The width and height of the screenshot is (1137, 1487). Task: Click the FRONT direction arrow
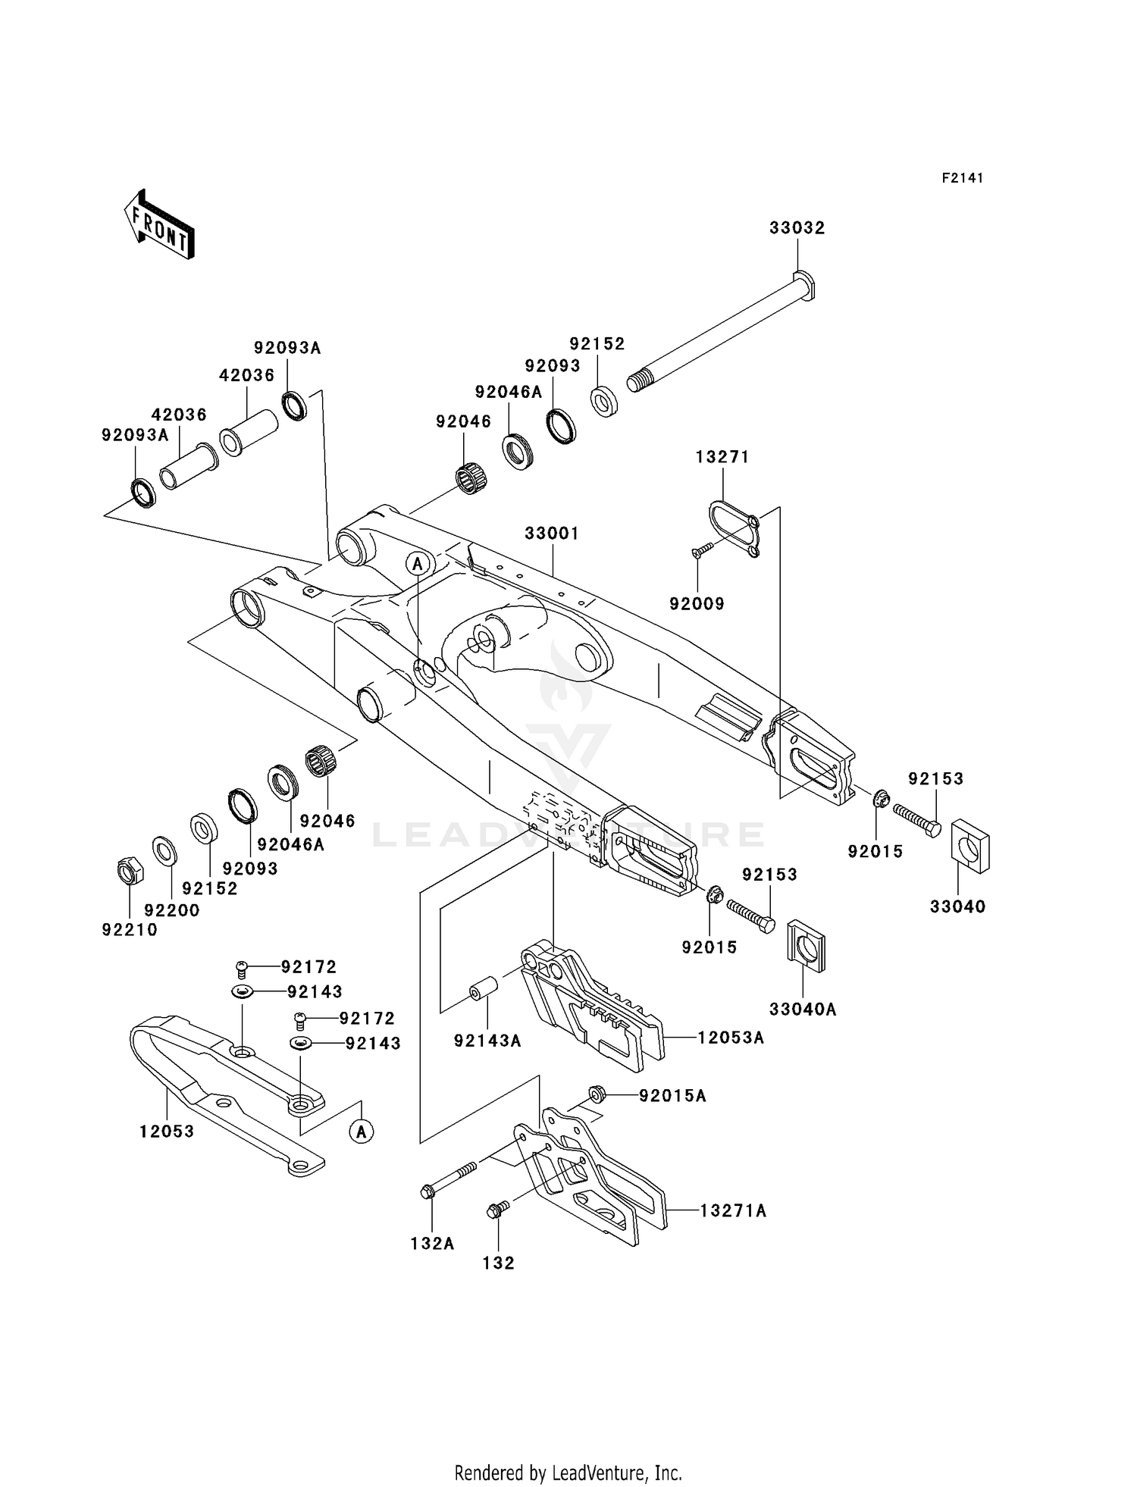point(159,225)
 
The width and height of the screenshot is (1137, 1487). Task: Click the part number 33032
point(797,228)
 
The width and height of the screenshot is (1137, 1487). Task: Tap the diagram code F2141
point(962,178)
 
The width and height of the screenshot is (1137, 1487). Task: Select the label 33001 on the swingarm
point(552,534)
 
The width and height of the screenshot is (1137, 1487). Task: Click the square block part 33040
point(970,846)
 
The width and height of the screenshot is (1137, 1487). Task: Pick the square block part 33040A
point(807,944)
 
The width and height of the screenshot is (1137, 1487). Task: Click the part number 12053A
point(730,1038)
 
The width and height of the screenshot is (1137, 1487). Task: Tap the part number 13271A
point(732,1211)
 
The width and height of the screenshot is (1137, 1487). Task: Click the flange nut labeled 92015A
point(596,1094)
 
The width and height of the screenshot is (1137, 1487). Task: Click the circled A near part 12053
point(362,1132)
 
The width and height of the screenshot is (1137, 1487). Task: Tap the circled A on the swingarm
point(418,564)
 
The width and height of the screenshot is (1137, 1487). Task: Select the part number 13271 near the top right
point(722,457)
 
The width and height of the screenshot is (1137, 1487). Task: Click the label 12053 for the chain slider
point(167,1132)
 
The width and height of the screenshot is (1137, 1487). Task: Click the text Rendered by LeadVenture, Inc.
point(568,1473)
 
